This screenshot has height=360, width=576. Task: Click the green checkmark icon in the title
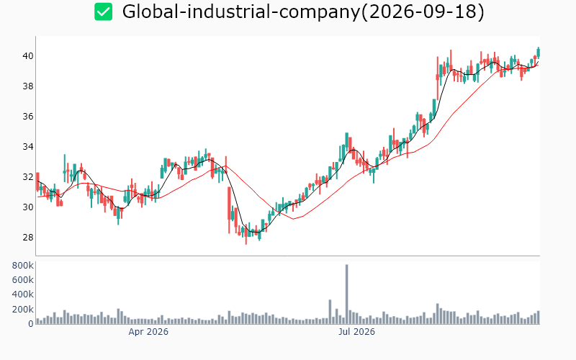pos(103,12)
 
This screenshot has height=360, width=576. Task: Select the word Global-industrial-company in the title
pos(241,12)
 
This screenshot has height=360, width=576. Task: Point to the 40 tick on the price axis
pos(28,56)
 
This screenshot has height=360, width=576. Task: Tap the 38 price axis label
pos(28,86)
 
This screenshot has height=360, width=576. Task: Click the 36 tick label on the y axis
pos(28,117)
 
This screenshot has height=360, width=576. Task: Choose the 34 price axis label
pos(28,147)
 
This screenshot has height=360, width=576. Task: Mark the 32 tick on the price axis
pos(28,176)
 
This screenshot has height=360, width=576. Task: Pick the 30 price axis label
pos(28,207)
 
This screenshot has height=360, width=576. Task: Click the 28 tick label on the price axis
pos(28,238)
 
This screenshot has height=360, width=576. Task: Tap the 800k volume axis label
pos(23,266)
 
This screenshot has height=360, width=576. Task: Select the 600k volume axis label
pos(23,280)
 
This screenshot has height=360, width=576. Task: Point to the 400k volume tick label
pos(23,294)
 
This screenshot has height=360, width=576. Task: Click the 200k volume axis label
pos(23,310)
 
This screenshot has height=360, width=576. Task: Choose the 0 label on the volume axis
pos(31,323)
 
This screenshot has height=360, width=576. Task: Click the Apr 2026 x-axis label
pos(148,332)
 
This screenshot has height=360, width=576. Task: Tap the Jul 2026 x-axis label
pos(356,332)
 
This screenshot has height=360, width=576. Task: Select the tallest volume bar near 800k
pos(346,294)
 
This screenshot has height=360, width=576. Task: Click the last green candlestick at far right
pos(538,53)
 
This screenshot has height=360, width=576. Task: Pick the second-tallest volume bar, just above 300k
pos(330,312)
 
